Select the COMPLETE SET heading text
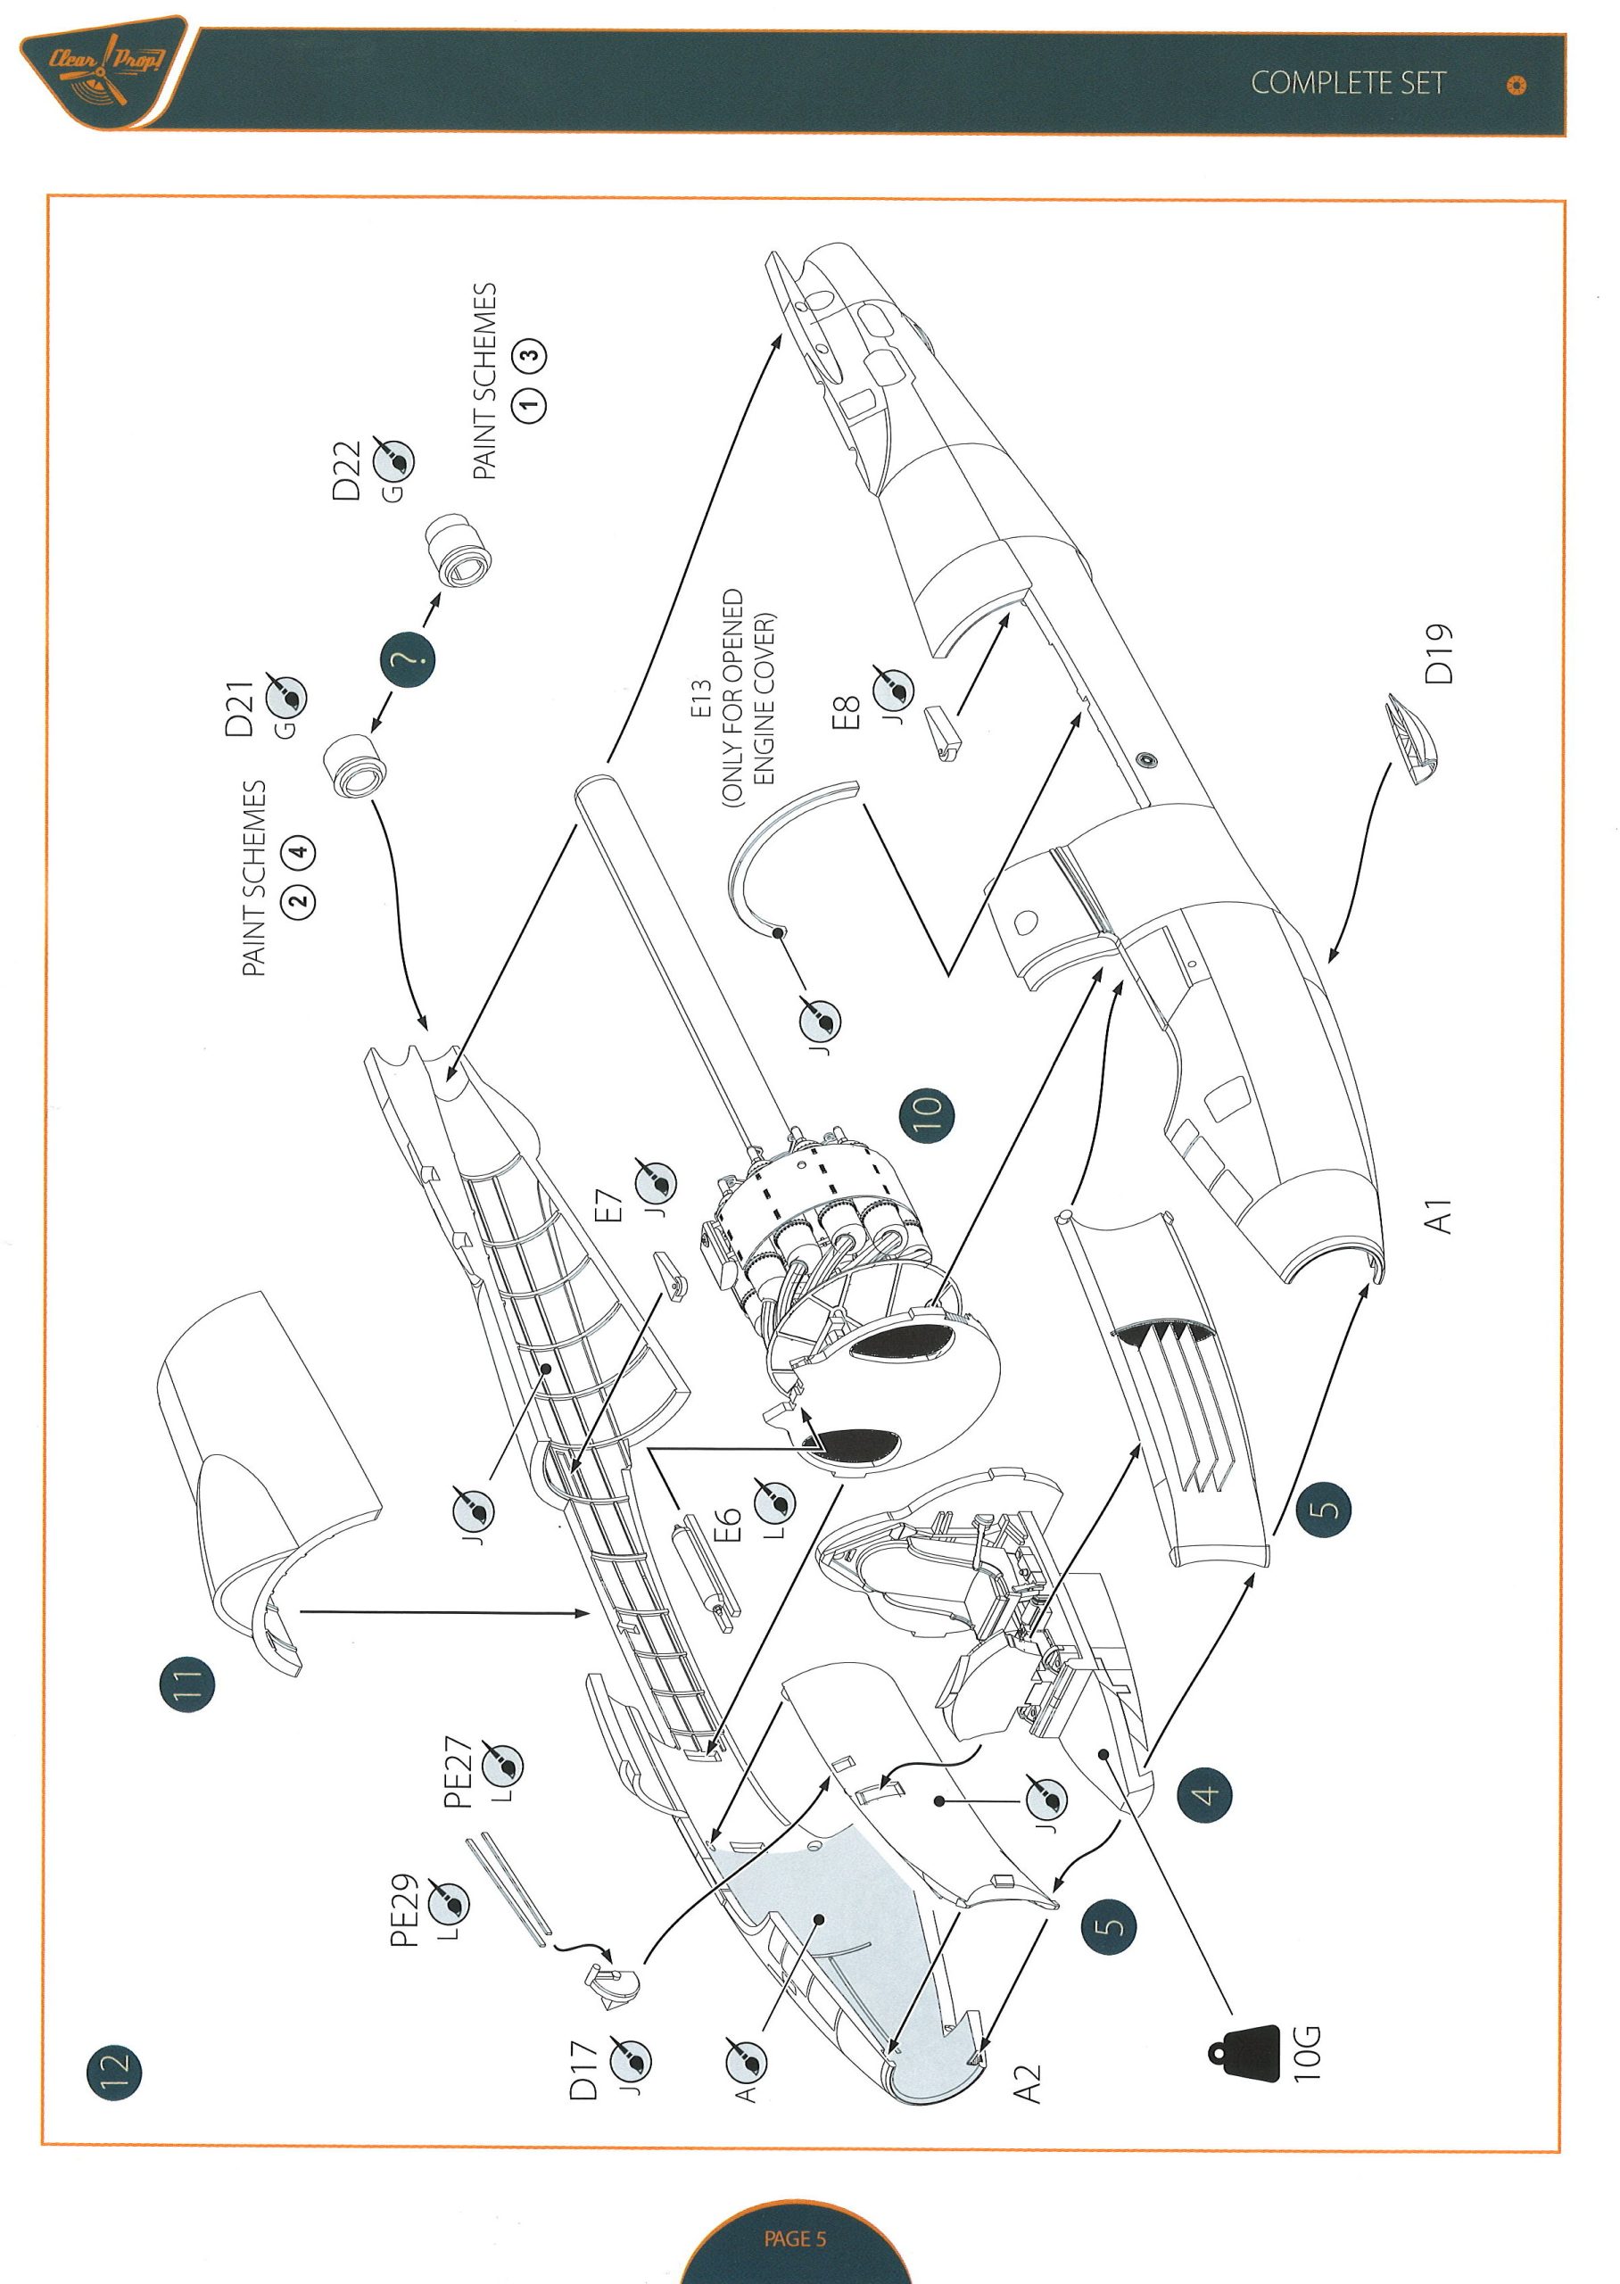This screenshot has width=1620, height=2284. [x=1348, y=84]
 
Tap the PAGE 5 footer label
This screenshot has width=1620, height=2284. [x=795, y=2238]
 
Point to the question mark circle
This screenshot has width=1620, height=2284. [x=407, y=658]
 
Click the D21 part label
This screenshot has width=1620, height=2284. [x=239, y=709]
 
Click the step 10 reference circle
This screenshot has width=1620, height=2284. [x=926, y=1114]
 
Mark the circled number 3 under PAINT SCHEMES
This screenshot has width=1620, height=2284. [x=531, y=354]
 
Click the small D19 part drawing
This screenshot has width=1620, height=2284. [x=1410, y=739]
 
